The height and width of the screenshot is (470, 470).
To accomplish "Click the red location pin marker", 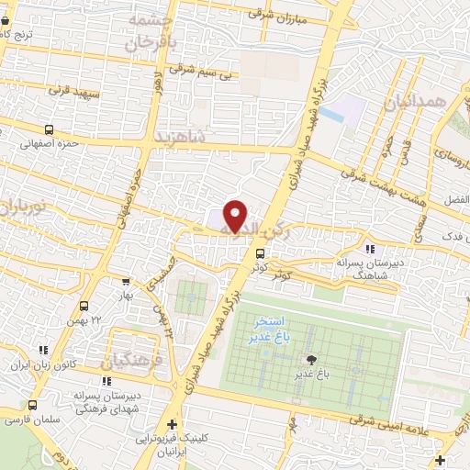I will pos(236,216).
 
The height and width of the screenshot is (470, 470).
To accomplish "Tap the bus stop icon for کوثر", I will pos(262,253).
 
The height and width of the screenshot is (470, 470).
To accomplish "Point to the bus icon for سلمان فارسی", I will pos(34,404).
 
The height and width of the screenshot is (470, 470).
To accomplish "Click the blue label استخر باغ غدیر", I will pos(271,330).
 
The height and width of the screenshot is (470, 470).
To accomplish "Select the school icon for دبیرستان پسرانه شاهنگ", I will pos(369,249).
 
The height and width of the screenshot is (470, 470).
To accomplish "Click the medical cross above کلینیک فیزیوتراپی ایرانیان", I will pos(173,424).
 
